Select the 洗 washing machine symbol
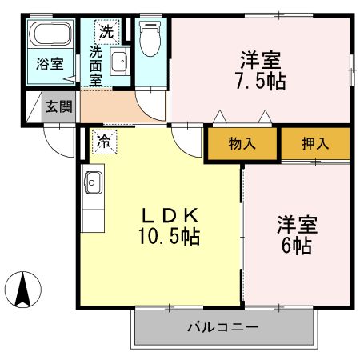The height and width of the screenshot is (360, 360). (x=106, y=33)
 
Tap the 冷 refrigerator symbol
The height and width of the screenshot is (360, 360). (x=103, y=140)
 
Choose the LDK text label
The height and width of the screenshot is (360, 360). (x=169, y=216)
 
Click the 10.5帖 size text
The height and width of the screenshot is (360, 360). (x=169, y=237)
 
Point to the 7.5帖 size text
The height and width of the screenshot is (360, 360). (x=261, y=80)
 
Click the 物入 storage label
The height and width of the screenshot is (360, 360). (x=242, y=144)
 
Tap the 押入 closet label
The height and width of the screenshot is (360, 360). (x=314, y=144)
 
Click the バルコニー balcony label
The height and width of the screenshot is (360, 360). (x=222, y=327)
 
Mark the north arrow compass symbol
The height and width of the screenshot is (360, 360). (x=26, y=288)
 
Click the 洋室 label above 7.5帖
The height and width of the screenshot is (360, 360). (x=261, y=58)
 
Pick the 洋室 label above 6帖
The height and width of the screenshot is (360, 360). (x=297, y=222)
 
